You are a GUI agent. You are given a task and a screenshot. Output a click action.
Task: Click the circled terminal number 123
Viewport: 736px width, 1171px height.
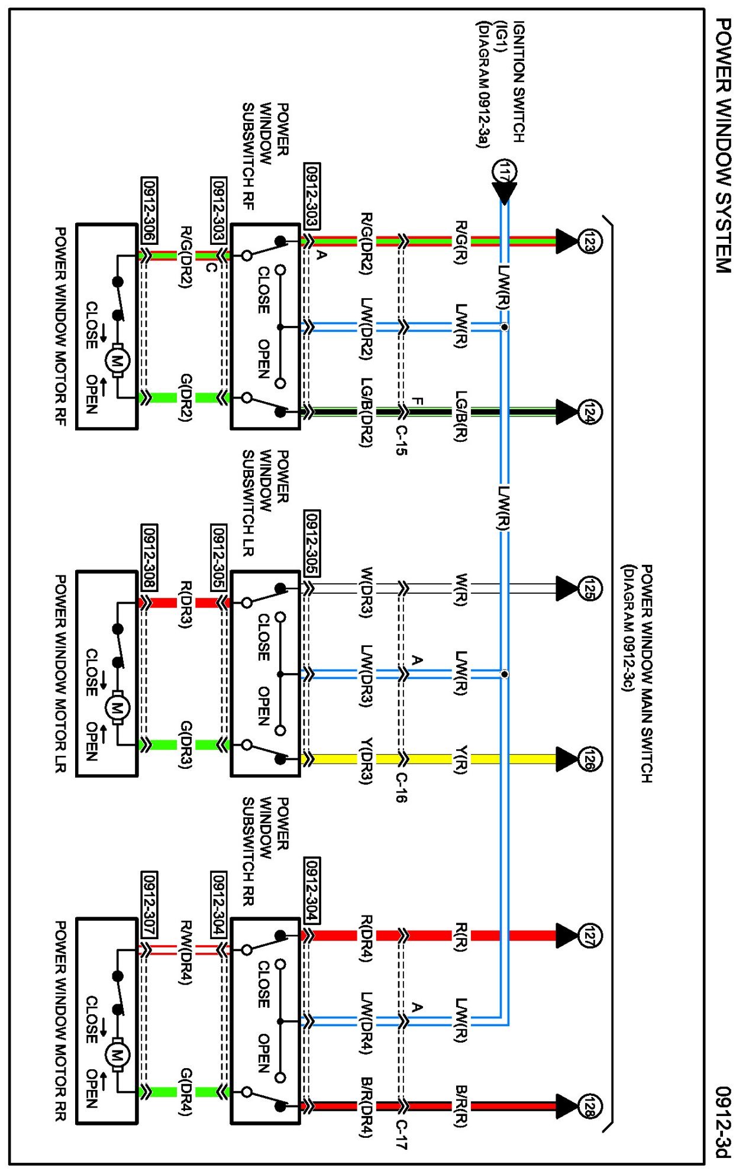(589, 241)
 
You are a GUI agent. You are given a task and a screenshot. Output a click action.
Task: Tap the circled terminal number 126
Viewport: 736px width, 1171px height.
(589, 759)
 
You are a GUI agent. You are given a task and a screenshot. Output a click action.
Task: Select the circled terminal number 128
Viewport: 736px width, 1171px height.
(589, 1106)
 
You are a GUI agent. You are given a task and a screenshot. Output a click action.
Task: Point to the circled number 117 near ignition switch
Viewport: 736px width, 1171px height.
(505, 171)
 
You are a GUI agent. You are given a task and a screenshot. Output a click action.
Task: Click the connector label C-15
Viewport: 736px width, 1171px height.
(401, 441)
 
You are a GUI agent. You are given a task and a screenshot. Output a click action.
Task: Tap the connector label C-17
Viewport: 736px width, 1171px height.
(401, 1134)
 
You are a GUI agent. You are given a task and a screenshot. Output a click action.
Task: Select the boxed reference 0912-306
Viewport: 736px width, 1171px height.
(149, 209)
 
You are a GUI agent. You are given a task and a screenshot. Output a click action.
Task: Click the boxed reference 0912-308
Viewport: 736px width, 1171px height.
(149, 557)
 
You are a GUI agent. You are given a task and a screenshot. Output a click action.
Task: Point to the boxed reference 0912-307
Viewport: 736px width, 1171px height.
(149, 904)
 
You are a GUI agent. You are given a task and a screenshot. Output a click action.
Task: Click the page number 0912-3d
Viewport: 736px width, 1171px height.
(722, 1121)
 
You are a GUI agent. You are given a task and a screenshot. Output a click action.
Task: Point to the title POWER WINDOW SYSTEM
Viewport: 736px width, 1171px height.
(722, 145)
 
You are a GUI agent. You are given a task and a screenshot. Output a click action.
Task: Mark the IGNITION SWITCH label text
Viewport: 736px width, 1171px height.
(518, 82)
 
